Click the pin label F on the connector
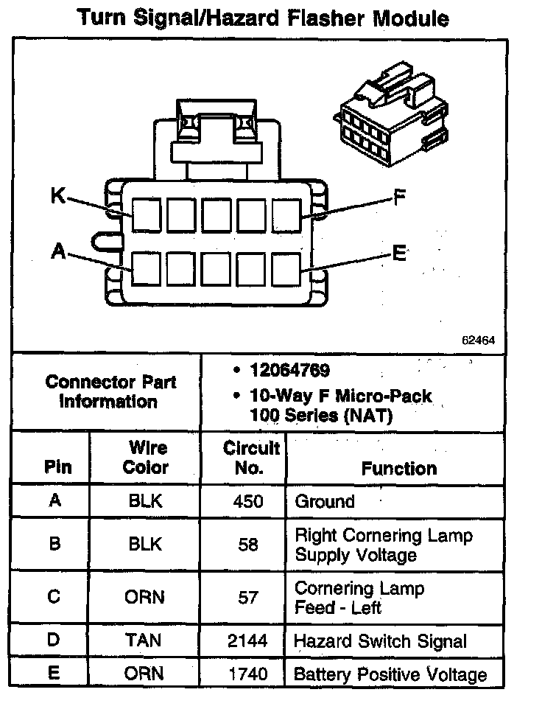(x=398, y=198)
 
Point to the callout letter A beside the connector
(x=59, y=251)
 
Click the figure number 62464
(x=478, y=340)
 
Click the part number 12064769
(x=290, y=370)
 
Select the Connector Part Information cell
(x=110, y=392)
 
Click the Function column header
(x=399, y=468)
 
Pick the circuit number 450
(x=247, y=502)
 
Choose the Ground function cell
(x=325, y=502)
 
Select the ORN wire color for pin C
(x=144, y=597)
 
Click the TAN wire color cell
(x=144, y=640)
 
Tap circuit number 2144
(x=248, y=640)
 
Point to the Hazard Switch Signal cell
(x=380, y=640)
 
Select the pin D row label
(x=54, y=640)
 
